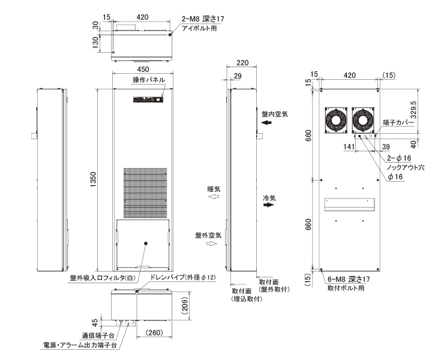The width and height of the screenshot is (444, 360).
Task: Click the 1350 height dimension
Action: pos(94,179)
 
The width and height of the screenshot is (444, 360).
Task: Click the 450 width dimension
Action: pos(143,70)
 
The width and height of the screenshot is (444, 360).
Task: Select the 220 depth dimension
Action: pos(242,62)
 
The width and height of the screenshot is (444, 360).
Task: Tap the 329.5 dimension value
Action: pos(413,110)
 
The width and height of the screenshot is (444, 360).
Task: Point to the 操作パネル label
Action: pos(149,80)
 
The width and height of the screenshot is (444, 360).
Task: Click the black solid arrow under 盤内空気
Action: pos(266,122)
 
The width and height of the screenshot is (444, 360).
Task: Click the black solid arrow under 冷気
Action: pos(269,205)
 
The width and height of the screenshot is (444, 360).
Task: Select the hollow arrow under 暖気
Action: pos(214,196)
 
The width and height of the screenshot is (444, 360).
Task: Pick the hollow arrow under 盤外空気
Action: pos(212,244)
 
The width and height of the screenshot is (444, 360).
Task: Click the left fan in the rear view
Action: pos(336,120)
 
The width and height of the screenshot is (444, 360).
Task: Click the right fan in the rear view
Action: pos(363,120)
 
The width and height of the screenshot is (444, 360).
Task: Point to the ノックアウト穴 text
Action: pos(406,167)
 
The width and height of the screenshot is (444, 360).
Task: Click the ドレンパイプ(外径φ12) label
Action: pos(182,278)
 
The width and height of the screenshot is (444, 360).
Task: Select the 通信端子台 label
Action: pos(98,335)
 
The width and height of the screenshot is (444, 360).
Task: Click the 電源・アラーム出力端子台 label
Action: pos(80,345)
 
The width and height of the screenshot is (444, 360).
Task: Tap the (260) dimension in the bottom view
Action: pos(154,332)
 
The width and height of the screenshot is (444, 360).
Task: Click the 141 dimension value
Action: pos(349,146)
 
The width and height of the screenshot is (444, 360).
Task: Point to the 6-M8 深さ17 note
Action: pos(349,279)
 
